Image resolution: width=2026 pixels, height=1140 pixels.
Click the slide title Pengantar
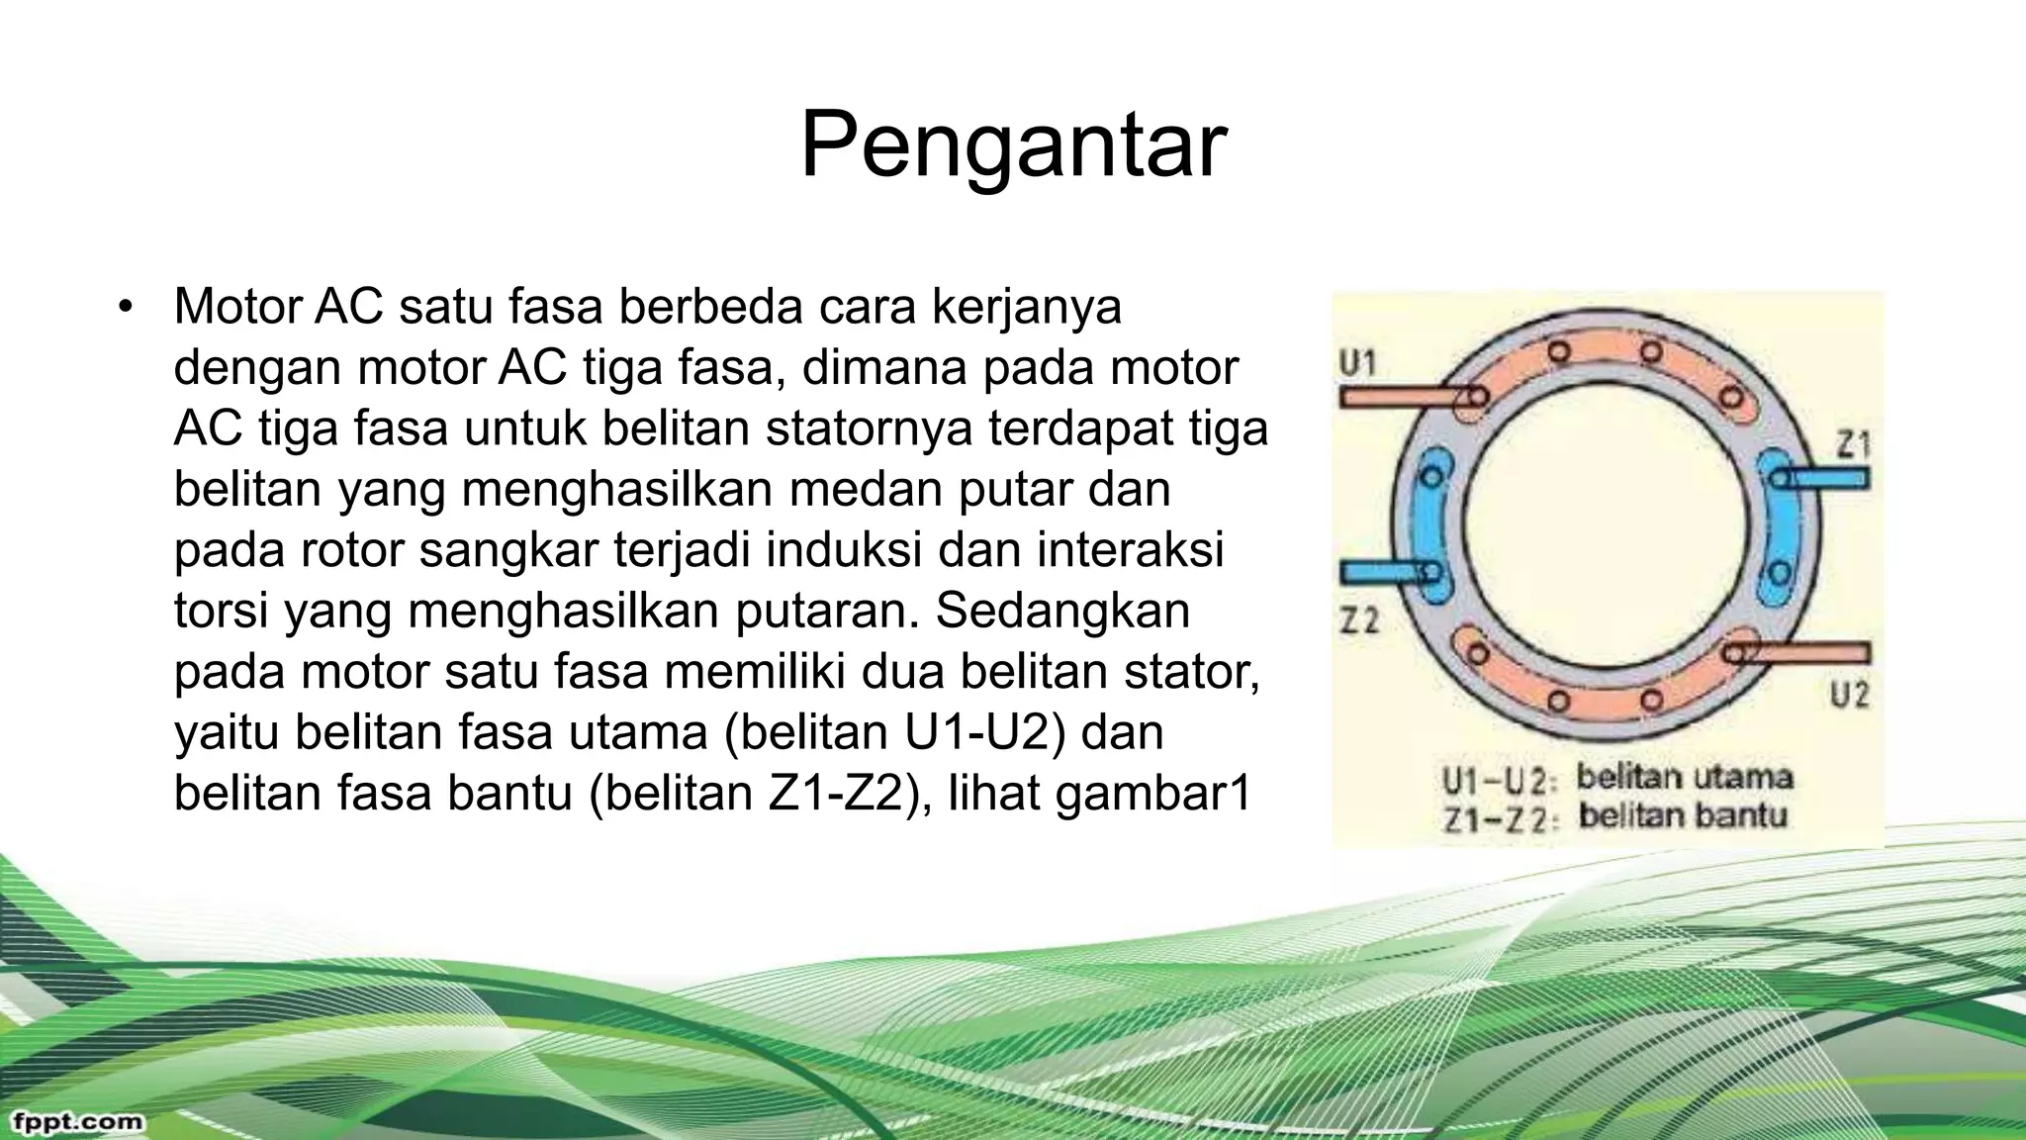click(1013, 145)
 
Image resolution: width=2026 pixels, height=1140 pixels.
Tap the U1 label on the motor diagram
click(1357, 364)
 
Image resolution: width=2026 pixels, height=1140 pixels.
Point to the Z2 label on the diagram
click(1359, 620)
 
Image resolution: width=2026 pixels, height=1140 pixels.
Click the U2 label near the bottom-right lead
click(1849, 695)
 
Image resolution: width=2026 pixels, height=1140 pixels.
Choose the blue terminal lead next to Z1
click(1826, 479)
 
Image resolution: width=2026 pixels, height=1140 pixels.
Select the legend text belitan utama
click(1684, 777)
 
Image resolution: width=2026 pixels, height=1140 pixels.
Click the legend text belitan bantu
click(1682, 816)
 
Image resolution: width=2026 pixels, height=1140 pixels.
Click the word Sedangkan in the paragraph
click(1062, 611)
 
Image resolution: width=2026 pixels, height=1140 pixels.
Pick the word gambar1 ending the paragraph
click(1153, 794)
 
